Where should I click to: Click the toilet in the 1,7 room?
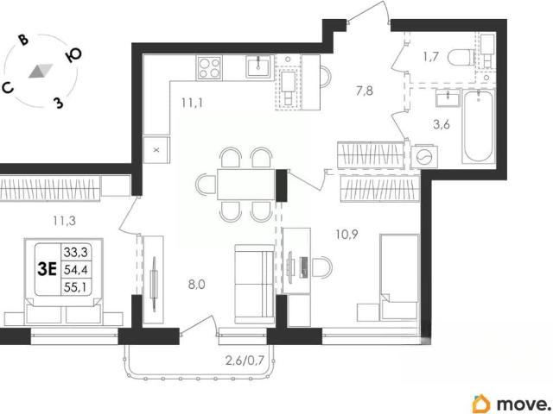coord(461,57)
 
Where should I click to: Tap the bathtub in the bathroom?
coord(478,126)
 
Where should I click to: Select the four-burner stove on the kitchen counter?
coord(209,67)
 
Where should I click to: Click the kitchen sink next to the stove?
coord(258,66)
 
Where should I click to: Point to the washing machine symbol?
coord(424,156)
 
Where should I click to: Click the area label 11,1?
coord(192,103)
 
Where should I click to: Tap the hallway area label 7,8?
coord(365,91)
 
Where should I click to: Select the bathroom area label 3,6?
coord(442,124)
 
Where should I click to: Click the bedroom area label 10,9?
coord(346,234)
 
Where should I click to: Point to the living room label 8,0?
coord(196,285)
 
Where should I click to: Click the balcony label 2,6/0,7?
coord(245,361)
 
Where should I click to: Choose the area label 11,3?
coord(64,221)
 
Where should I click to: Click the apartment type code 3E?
coord(48,270)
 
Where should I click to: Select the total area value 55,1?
coord(76,287)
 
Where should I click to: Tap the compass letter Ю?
coord(73,54)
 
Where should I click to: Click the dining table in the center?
coord(246,185)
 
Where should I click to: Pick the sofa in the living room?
coord(255,284)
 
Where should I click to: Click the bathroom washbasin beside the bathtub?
coord(448,97)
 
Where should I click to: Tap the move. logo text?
coord(523,404)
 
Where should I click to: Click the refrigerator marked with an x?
coord(156,150)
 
